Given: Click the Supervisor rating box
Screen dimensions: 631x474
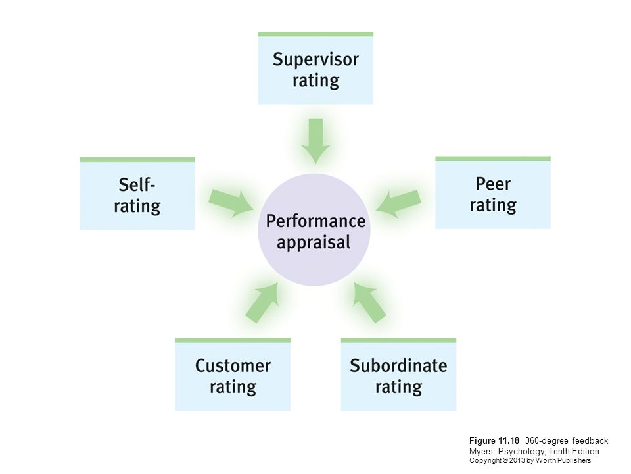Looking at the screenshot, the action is [315, 68].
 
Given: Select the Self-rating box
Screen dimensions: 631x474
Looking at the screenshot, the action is [137, 194].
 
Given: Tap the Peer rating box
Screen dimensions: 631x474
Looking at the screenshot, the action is [493, 193].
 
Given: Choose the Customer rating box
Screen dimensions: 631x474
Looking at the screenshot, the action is [233, 375].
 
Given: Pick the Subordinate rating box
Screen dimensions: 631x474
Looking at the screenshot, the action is [398, 375].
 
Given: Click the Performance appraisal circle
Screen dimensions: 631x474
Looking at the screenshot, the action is [314, 230].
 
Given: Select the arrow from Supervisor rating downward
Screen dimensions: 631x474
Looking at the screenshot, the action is [316, 141].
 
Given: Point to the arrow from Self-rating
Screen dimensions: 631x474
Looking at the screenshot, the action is [231, 203].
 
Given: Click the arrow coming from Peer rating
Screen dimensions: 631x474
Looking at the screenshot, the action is [398, 203].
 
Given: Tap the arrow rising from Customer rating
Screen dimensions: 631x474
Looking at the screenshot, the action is [262, 302].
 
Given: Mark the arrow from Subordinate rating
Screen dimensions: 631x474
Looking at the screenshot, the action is [369, 302].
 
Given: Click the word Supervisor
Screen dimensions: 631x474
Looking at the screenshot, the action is [315, 60].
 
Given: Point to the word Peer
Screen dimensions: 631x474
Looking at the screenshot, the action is [493, 184].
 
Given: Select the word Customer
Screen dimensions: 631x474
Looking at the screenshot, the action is [233, 365].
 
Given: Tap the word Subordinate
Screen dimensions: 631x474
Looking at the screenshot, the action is [398, 365].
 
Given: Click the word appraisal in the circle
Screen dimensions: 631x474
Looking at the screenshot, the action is [314, 243].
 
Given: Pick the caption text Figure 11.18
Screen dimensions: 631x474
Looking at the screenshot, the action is [494, 440].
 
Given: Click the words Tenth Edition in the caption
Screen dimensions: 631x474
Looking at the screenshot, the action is [574, 451].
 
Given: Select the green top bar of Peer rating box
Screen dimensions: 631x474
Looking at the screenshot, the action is [493, 159].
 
